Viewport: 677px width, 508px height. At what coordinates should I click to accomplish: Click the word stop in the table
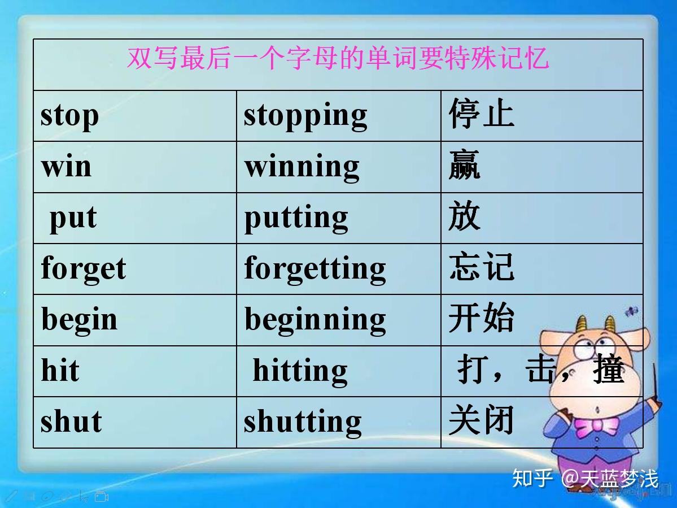coord(69,116)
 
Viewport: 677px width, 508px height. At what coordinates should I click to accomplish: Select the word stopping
coord(305,116)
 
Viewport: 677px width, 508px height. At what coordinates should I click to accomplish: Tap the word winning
coord(302,167)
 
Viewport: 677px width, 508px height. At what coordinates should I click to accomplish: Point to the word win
coord(66,167)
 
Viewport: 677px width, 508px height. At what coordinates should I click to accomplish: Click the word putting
coord(296,218)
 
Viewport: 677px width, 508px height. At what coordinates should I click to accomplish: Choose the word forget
coord(83,268)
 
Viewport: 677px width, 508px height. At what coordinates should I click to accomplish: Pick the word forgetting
coord(315,268)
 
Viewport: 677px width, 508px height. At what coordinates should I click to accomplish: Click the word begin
coord(79,320)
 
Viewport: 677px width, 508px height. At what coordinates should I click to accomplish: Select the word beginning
coord(315,320)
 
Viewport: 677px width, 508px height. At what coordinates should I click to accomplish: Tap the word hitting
coord(300,371)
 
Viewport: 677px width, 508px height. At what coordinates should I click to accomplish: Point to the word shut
coord(71,422)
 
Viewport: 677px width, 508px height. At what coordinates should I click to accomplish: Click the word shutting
coord(303,422)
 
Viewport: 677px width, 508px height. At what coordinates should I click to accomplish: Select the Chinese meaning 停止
coord(481,114)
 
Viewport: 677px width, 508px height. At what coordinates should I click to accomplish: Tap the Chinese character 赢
coord(464,165)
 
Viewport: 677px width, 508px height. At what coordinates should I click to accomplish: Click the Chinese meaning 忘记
coord(481,267)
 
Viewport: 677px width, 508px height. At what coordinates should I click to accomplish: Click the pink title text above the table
coord(338,59)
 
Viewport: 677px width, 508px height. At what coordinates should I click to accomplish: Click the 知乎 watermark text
coord(532,479)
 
